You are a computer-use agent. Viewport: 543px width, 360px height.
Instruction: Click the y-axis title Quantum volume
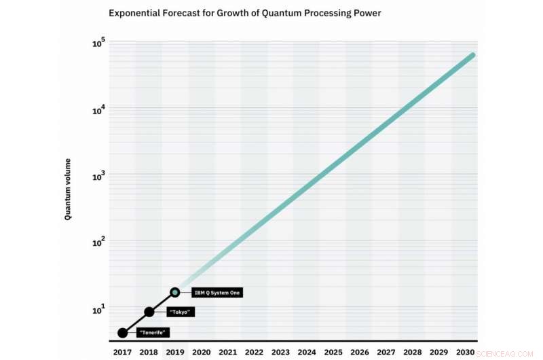click(68, 190)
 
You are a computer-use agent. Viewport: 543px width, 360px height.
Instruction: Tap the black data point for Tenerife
click(123, 333)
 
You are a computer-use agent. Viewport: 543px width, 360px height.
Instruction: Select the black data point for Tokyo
click(149, 312)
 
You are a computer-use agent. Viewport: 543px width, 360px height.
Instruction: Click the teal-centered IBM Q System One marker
click(175, 292)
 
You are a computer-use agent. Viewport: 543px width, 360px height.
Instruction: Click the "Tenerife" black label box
click(153, 333)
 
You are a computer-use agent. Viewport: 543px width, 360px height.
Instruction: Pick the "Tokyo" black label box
click(181, 312)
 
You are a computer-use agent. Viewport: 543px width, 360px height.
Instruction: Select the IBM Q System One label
click(217, 293)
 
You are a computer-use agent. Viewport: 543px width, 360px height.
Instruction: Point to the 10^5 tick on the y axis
click(98, 44)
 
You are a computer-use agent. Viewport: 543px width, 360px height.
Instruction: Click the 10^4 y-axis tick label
click(98, 111)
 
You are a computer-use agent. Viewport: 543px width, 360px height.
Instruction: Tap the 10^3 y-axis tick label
click(98, 177)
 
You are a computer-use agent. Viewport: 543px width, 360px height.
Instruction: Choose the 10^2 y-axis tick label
click(98, 242)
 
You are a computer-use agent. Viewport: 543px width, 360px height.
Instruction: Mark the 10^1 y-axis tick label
click(98, 309)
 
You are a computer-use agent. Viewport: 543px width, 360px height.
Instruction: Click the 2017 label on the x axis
click(123, 353)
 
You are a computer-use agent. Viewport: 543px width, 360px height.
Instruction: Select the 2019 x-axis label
click(175, 353)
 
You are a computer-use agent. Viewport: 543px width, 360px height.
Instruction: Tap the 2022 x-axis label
click(254, 353)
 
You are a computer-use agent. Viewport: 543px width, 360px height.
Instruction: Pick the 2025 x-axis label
click(333, 353)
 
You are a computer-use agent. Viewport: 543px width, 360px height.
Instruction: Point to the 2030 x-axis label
click(464, 353)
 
